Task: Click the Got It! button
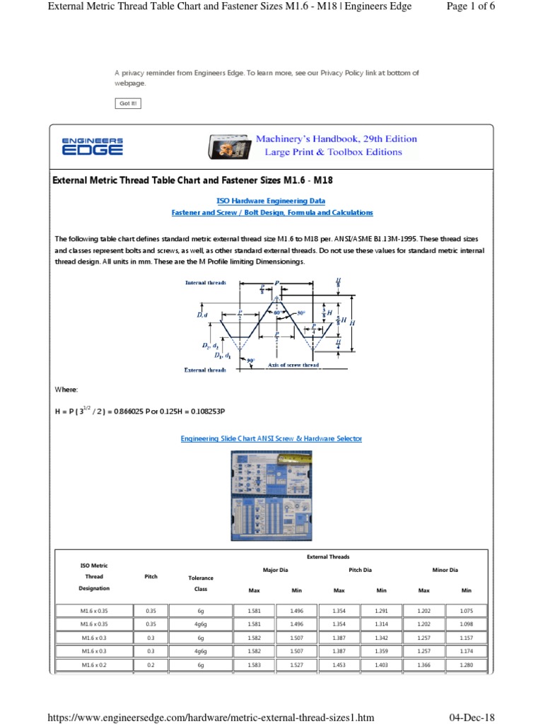128,104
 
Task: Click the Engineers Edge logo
92,146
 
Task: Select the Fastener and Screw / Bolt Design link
272,212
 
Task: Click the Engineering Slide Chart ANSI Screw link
271,439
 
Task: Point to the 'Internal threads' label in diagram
206,283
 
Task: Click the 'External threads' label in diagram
205,370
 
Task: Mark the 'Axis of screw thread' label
293,366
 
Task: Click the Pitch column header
151,576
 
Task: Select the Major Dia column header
275,569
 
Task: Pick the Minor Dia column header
445,569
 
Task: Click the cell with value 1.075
466,610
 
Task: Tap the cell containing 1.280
466,665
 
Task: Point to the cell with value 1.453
339,665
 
